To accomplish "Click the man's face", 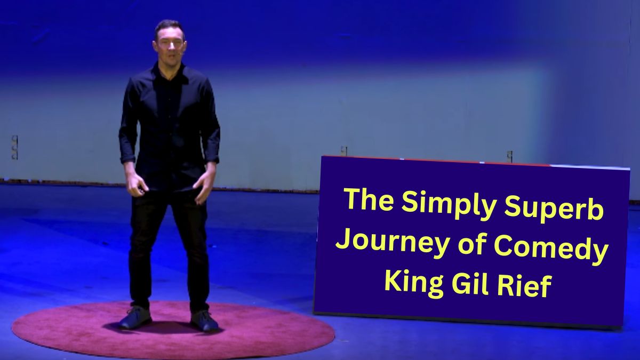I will point(169,44).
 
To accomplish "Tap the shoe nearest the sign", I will point(204,321).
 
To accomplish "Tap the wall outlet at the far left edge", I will point(14,147).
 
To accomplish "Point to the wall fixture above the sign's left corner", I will point(344,151).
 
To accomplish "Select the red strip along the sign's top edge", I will point(437,160).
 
